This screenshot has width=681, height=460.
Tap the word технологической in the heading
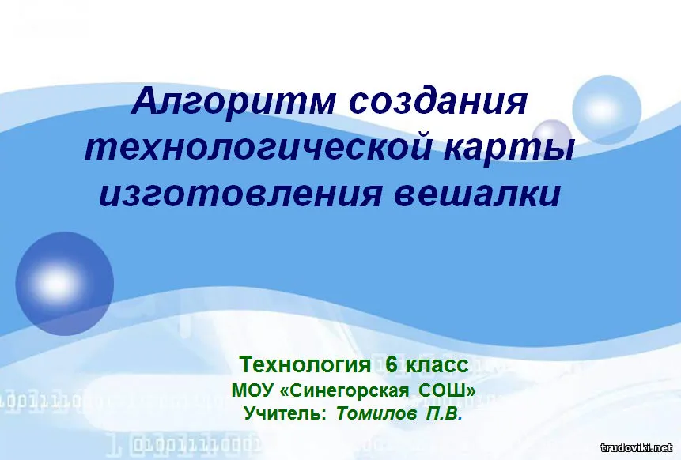tap(258, 148)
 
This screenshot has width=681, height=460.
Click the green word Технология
tap(304, 365)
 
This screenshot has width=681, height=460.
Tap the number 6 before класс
tap(392, 364)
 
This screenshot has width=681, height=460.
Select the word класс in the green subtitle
tap(437, 365)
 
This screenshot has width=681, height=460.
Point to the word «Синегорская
tap(346, 391)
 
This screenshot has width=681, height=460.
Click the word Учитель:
tap(285, 413)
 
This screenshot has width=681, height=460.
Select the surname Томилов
tap(376, 414)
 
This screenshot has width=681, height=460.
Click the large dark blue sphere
tap(64, 284)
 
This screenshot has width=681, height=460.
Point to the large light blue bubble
tap(607, 110)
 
